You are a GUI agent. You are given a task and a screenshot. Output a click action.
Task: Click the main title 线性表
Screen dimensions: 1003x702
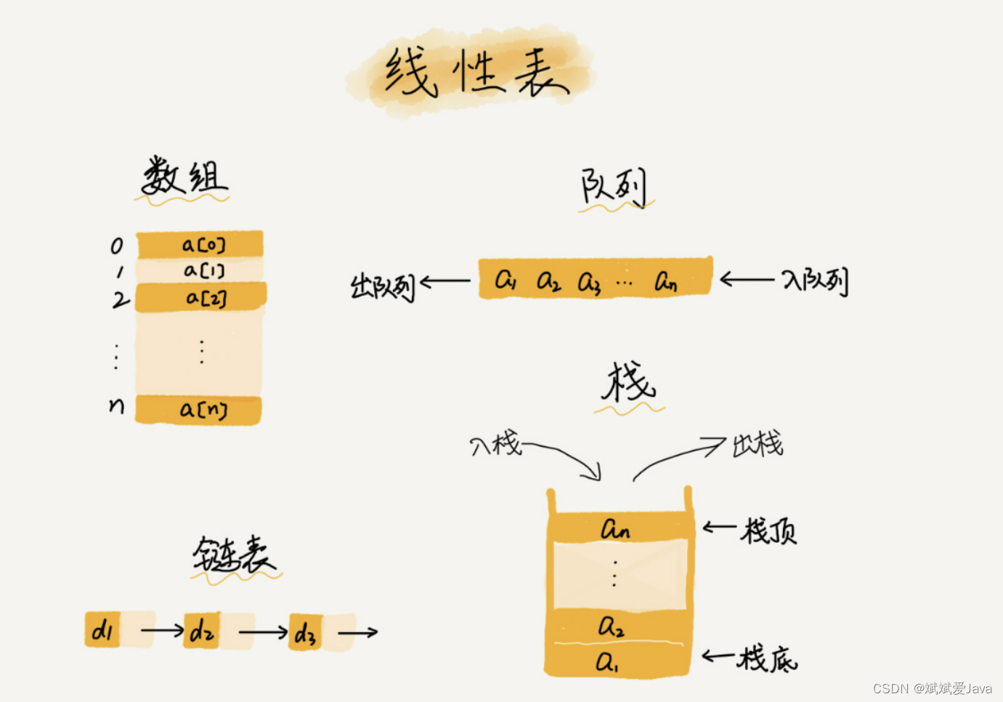click(476, 73)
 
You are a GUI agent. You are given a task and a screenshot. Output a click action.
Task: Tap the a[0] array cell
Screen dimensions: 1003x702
click(200, 245)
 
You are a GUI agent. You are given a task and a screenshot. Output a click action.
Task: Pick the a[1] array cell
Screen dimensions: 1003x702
click(200, 270)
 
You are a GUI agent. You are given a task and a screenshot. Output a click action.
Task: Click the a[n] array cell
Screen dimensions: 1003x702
click(199, 410)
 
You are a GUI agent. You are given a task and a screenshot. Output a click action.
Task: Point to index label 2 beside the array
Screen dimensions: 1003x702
click(120, 299)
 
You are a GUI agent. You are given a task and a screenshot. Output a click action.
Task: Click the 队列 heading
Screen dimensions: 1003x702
click(614, 187)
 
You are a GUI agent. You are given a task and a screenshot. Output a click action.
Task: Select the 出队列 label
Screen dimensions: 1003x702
click(382, 286)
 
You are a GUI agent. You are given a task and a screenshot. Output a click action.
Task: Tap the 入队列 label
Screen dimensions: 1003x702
click(815, 281)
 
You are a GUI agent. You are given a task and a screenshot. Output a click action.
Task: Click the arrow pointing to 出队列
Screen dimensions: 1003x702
click(445, 281)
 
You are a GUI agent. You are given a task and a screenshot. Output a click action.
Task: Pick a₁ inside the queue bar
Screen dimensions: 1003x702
click(505, 280)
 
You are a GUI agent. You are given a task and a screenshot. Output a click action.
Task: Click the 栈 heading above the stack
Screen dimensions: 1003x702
click(628, 383)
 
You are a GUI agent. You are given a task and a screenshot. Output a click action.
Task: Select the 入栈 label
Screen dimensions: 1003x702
click(496, 443)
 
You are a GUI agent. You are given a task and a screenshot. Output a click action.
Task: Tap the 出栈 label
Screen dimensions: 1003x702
click(758, 443)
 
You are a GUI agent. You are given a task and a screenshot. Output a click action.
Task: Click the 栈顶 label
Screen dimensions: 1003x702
click(768, 531)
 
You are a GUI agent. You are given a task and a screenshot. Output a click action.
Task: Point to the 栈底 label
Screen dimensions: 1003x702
click(767, 658)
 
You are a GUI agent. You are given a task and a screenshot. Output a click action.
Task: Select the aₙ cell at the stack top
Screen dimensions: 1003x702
click(616, 528)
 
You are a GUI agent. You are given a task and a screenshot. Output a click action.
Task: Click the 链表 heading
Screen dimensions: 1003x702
click(234, 556)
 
